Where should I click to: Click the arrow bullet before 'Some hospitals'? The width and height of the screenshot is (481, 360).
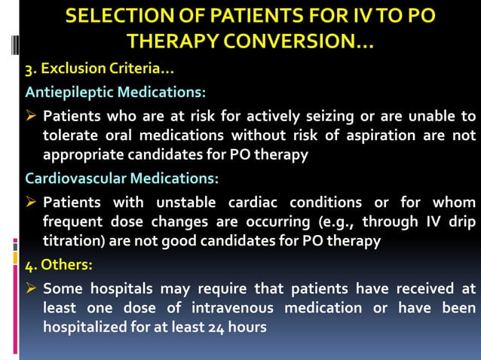pos(32,289)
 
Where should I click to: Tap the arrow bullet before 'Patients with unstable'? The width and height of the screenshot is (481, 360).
pos(32,202)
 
